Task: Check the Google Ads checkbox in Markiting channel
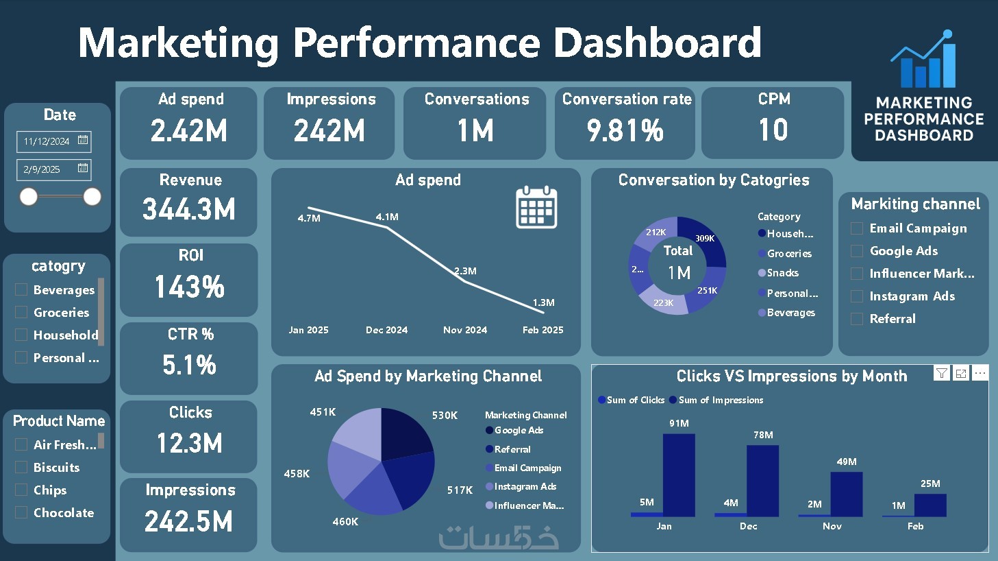(x=857, y=251)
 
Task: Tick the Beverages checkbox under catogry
(x=21, y=289)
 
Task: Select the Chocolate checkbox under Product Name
(x=21, y=512)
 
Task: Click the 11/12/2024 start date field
(x=47, y=141)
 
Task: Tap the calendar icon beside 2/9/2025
(x=83, y=168)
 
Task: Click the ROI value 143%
(x=190, y=287)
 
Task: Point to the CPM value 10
(x=773, y=130)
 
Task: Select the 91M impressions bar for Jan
(x=678, y=475)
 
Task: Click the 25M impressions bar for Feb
(x=930, y=505)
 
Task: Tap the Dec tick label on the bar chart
(x=748, y=526)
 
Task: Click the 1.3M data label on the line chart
(x=543, y=302)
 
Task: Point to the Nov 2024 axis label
(x=465, y=330)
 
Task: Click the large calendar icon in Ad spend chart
(x=536, y=207)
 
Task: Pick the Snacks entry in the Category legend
(x=783, y=273)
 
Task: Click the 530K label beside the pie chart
(x=445, y=415)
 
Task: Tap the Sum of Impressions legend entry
(x=720, y=400)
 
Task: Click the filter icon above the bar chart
(x=942, y=373)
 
